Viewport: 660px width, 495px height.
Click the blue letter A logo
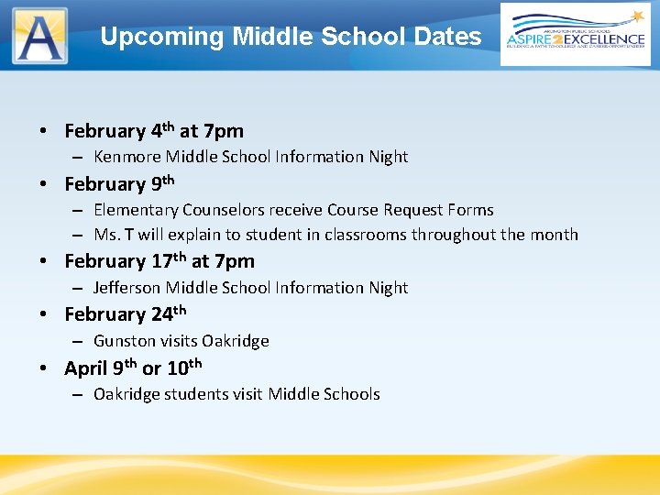click(x=39, y=36)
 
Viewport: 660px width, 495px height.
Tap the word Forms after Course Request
click(x=470, y=211)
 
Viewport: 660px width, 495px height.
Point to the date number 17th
click(x=169, y=261)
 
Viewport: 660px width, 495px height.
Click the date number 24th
click(x=169, y=313)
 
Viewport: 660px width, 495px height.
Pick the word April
click(x=85, y=368)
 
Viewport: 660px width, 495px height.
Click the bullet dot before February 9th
click(x=44, y=185)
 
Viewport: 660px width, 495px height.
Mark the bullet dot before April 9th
click(x=44, y=369)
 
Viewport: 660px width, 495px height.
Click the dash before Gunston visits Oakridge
click(x=79, y=342)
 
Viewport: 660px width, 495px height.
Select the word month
click(x=555, y=235)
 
